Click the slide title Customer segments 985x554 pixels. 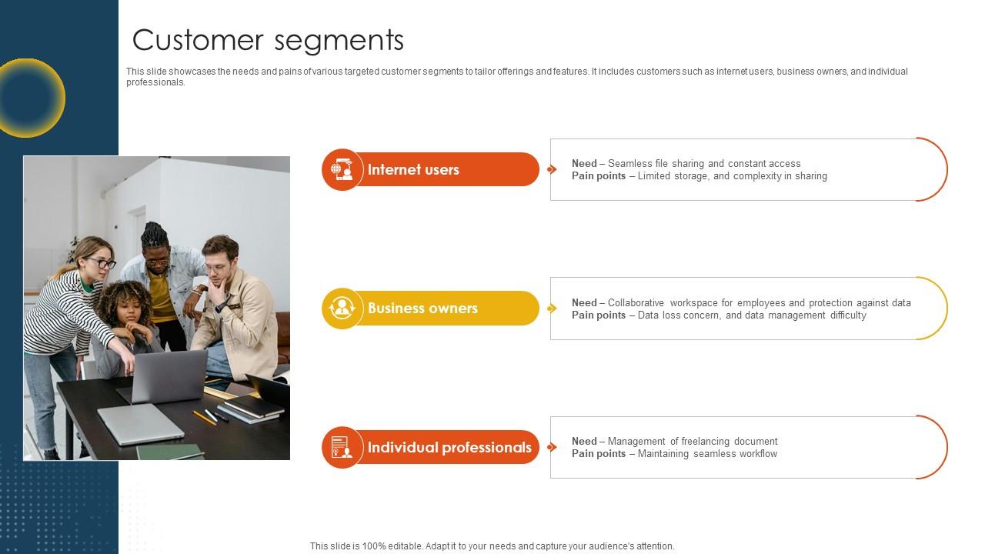268,40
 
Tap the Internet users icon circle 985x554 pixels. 342,169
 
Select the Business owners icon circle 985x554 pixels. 342,309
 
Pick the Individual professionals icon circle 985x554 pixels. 342,447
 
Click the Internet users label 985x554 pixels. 413,169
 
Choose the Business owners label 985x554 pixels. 422,309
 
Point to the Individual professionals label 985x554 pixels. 449,447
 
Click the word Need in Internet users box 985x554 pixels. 584,164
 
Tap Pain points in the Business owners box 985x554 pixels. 599,315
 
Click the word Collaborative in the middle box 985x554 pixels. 636,303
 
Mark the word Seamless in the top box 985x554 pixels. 629,164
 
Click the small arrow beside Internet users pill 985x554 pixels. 552,169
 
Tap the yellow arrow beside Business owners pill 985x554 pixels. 552,309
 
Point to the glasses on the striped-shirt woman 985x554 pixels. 102,263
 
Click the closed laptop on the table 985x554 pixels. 140,422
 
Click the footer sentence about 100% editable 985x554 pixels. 492,546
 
